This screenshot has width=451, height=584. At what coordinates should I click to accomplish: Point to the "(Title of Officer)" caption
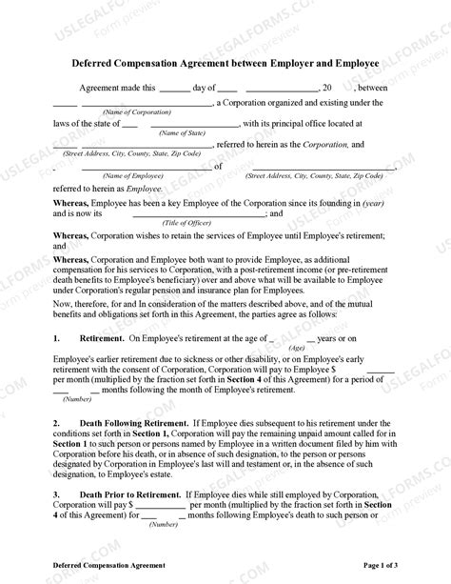(186, 221)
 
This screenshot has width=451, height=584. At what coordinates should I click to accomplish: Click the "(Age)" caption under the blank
(297, 348)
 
